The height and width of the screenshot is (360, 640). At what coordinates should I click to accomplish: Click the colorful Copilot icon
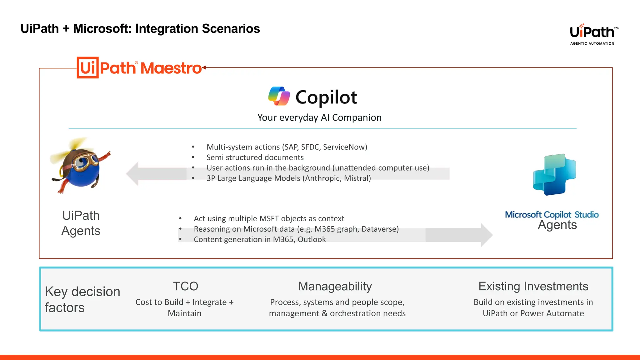[x=279, y=96]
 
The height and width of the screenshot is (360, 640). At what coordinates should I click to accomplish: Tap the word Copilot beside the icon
[x=326, y=97]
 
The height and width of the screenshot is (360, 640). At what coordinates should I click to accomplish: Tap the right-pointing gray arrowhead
[x=486, y=235]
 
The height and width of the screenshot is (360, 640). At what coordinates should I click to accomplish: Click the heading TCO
[x=186, y=286]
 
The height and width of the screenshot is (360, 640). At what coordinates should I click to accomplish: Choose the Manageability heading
[x=335, y=286]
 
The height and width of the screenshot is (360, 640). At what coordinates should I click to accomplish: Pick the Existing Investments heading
[x=533, y=286]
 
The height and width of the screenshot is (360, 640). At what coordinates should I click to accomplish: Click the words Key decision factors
[x=82, y=299]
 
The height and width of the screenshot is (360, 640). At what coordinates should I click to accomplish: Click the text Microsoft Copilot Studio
[x=552, y=215]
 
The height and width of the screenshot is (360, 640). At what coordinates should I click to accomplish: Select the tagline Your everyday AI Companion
[x=319, y=117]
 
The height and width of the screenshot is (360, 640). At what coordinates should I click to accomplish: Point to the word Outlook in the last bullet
[x=312, y=239]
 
